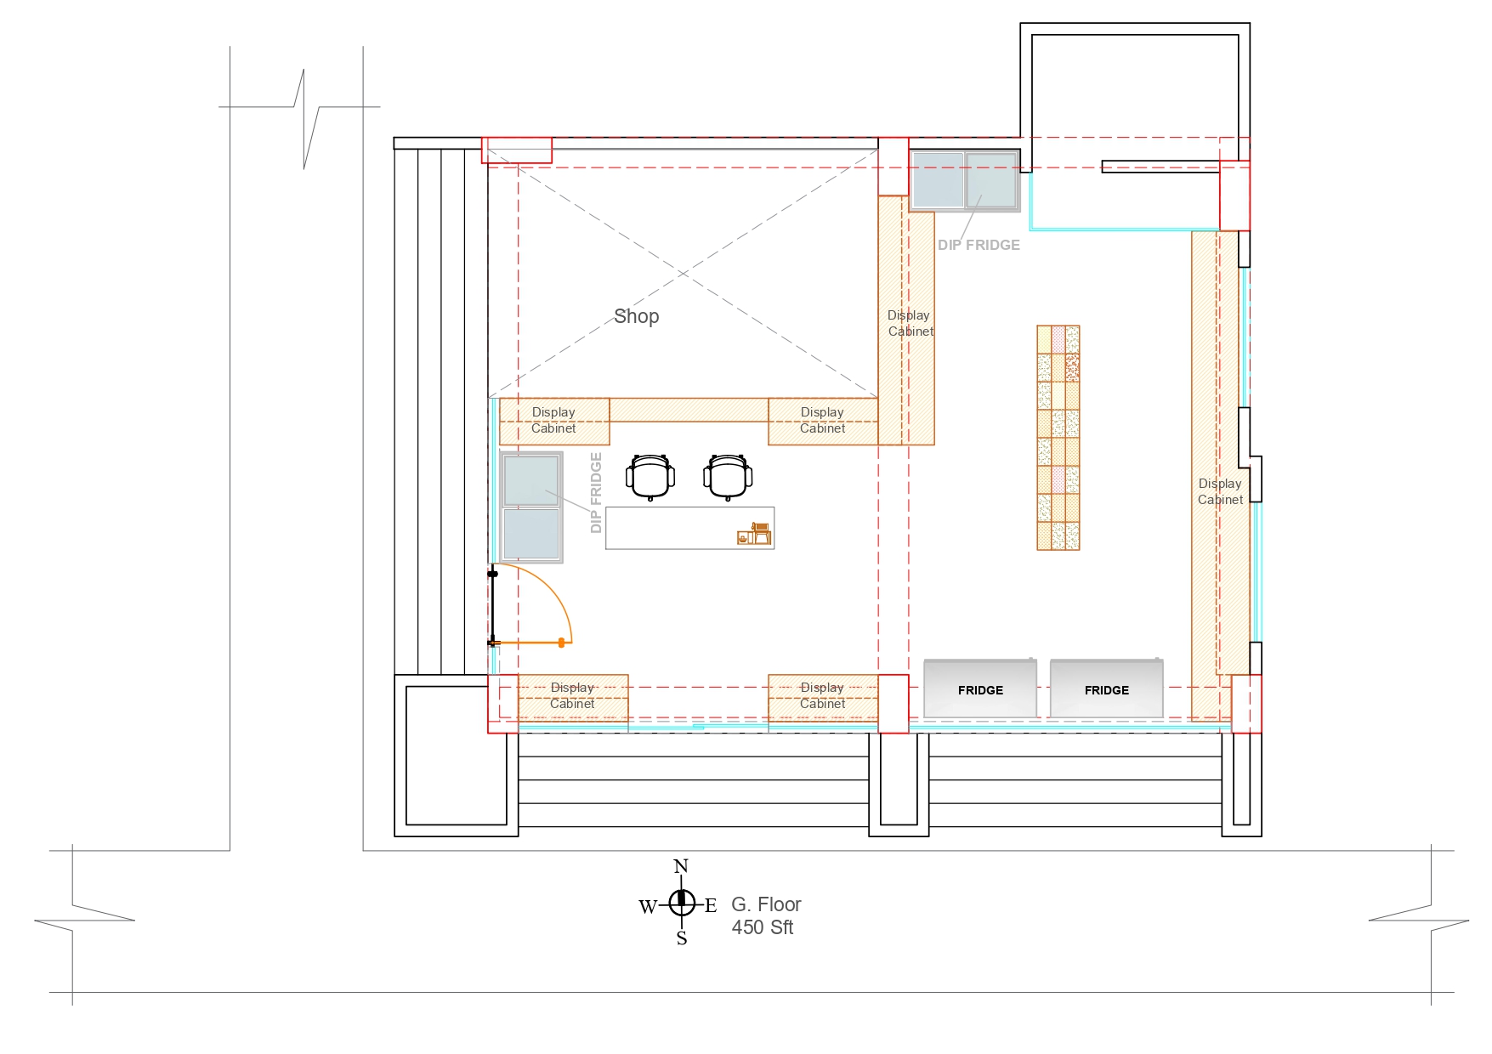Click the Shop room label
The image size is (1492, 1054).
(x=636, y=316)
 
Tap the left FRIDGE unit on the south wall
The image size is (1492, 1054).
(x=980, y=688)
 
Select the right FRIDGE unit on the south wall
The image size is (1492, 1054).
(x=1106, y=688)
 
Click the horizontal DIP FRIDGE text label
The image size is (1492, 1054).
(x=979, y=245)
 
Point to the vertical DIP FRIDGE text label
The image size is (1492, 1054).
(x=596, y=493)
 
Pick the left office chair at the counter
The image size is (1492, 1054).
(x=650, y=477)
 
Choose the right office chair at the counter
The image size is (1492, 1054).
(x=728, y=477)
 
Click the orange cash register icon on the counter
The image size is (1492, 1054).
(x=754, y=534)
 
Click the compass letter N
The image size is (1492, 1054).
(x=681, y=867)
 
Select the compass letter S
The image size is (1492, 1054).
(x=682, y=938)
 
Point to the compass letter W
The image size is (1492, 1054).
(x=648, y=907)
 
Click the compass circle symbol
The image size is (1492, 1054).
(x=682, y=903)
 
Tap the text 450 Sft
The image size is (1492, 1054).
(x=763, y=927)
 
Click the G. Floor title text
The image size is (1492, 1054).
(x=766, y=904)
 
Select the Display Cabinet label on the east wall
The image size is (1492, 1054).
(x=1220, y=491)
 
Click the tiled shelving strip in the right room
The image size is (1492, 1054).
(x=1058, y=438)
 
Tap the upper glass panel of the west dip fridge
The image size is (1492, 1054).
(x=531, y=480)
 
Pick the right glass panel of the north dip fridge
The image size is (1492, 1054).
(x=991, y=180)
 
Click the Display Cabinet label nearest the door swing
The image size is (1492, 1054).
(x=572, y=695)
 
